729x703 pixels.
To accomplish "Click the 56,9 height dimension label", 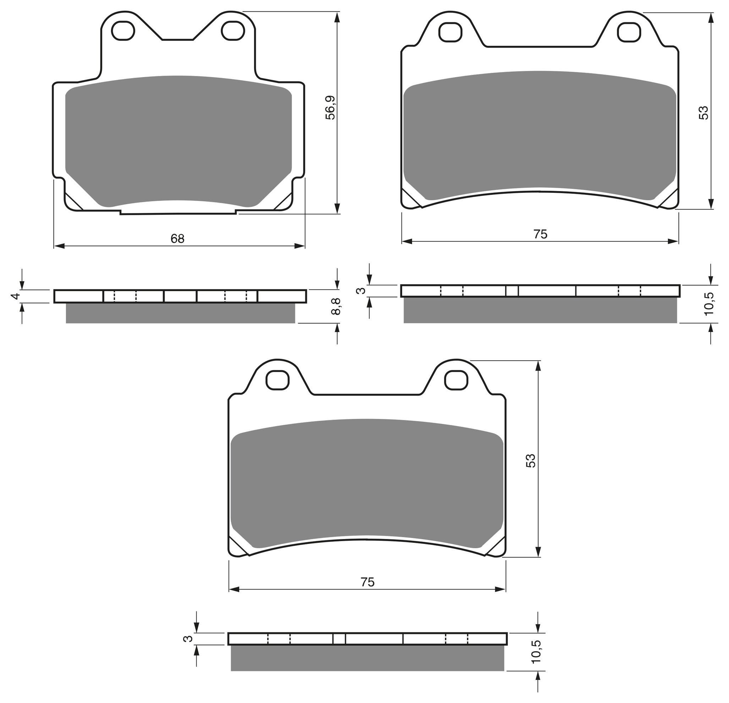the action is tap(330, 108).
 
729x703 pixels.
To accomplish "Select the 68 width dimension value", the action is tap(177, 239).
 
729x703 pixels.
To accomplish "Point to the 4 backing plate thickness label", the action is tap(15, 296).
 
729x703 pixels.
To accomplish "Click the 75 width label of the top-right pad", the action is tap(540, 234).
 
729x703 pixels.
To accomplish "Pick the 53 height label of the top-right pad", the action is tap(703, 113).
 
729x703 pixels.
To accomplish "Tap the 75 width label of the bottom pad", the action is tap(367, 582).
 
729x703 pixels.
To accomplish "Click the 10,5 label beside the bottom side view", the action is tap(537, 651).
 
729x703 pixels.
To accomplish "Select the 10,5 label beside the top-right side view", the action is tap(709, 304).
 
